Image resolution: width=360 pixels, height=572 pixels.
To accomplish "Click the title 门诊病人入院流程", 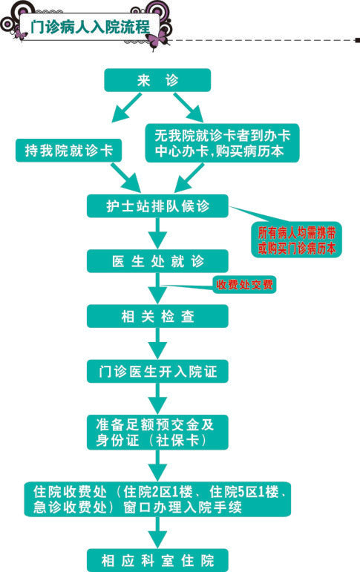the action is pos(90,27).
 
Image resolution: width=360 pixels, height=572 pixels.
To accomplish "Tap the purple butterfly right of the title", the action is pos(158,39).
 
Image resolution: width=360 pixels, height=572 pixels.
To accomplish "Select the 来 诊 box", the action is pos(157,80).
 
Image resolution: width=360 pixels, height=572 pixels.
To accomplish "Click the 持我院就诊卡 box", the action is pos(68,151).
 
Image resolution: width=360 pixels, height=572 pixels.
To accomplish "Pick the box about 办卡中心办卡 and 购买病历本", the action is pos(222,143).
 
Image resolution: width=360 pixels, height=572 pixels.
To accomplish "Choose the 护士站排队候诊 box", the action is pos(157,206).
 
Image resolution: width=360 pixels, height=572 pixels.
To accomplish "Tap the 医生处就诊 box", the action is pos(157,261).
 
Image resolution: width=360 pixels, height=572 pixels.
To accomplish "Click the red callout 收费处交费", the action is pos(244,285).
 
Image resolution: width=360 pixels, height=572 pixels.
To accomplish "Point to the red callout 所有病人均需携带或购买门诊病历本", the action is pos(296,240).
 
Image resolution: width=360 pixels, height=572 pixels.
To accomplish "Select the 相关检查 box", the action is pos(157,316).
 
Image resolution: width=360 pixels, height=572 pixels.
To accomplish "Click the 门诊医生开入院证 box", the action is pos(157,372).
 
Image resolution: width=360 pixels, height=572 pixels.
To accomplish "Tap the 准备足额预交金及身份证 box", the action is pos(157,433).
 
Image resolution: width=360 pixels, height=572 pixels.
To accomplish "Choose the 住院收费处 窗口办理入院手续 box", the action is pos(157,499).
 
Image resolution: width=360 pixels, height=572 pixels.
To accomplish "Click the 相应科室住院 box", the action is pos(157,560).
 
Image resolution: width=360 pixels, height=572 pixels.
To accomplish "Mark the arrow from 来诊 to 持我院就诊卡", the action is pos(126,108).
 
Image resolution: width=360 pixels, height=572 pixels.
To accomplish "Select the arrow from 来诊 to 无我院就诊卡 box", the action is pos(189,108).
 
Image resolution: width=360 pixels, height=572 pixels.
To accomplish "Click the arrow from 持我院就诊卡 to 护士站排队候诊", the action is pos(126,177).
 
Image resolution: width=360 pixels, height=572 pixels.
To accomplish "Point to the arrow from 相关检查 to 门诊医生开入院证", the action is pos(157,343).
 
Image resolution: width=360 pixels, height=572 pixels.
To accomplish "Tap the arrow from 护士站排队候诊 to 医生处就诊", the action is pos(157,234).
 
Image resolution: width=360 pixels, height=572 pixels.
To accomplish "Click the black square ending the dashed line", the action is pos(358,40).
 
